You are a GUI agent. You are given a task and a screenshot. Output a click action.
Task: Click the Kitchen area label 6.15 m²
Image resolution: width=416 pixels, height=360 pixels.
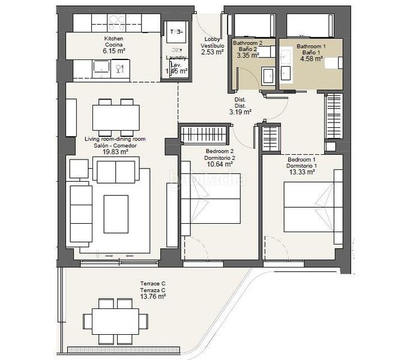(113, 52)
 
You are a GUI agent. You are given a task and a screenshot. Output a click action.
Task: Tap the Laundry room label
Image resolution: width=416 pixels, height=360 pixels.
(176, 58)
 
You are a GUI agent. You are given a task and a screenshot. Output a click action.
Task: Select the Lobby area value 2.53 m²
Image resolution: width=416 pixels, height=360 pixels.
(212, 52)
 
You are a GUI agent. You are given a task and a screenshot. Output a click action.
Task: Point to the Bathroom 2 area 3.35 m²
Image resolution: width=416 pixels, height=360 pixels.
(247, 55)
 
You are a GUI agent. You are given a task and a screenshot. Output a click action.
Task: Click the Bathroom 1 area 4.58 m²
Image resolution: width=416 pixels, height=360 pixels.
(311, 58)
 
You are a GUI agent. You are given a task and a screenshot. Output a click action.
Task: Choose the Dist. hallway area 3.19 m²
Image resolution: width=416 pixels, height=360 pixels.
(240, 111)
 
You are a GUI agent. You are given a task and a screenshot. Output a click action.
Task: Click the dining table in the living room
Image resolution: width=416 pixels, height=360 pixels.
(116, 117)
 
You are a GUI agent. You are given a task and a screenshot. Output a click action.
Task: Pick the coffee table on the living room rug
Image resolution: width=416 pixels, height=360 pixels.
(116, 214)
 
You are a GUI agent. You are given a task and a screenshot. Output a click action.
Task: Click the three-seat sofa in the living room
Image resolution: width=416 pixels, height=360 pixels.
(79, 214)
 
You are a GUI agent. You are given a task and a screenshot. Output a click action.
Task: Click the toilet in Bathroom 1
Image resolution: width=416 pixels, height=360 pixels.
(333, 63)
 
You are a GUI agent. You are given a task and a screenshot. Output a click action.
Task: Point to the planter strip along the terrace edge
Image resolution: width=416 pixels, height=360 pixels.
(123, 350)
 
